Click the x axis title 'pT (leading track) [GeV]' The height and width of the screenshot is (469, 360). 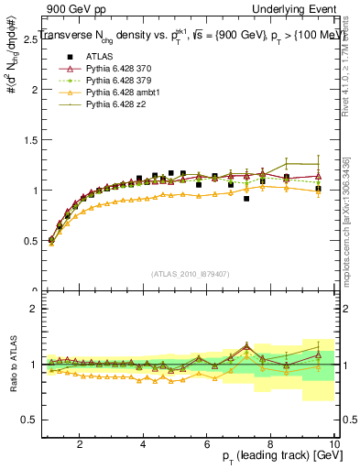[275, 456]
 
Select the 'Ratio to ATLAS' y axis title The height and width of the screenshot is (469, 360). [12, 365]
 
